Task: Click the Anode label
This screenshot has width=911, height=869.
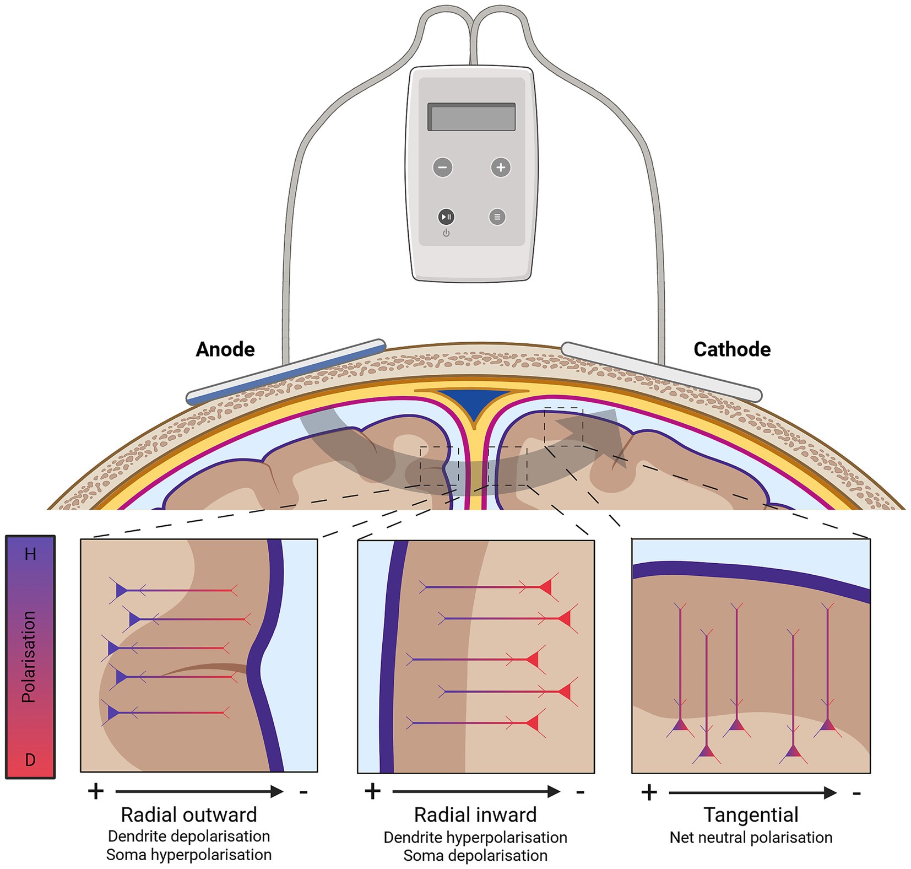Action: [225, 349]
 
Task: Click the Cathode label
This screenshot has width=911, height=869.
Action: [731, 349]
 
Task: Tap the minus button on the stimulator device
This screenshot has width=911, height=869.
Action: [442, 167]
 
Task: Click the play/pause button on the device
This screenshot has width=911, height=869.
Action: [446, 217]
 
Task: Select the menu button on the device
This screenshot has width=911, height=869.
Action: [497, 217]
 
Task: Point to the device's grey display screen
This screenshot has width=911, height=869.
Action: [471, 117]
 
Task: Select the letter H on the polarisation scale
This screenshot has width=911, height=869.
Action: [30, 554]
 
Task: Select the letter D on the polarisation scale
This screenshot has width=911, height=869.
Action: [30, 760]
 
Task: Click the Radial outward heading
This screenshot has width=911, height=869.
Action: [189, 814]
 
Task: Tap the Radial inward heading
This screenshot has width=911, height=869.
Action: [475, 814]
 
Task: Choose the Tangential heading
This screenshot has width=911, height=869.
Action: [751, 814]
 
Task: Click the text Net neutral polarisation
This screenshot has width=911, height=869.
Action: [751, 838]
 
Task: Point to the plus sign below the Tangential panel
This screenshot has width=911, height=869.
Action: [649, 792]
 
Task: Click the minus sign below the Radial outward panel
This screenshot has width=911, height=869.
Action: [303, 792]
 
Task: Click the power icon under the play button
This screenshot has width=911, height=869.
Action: [446, 233]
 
